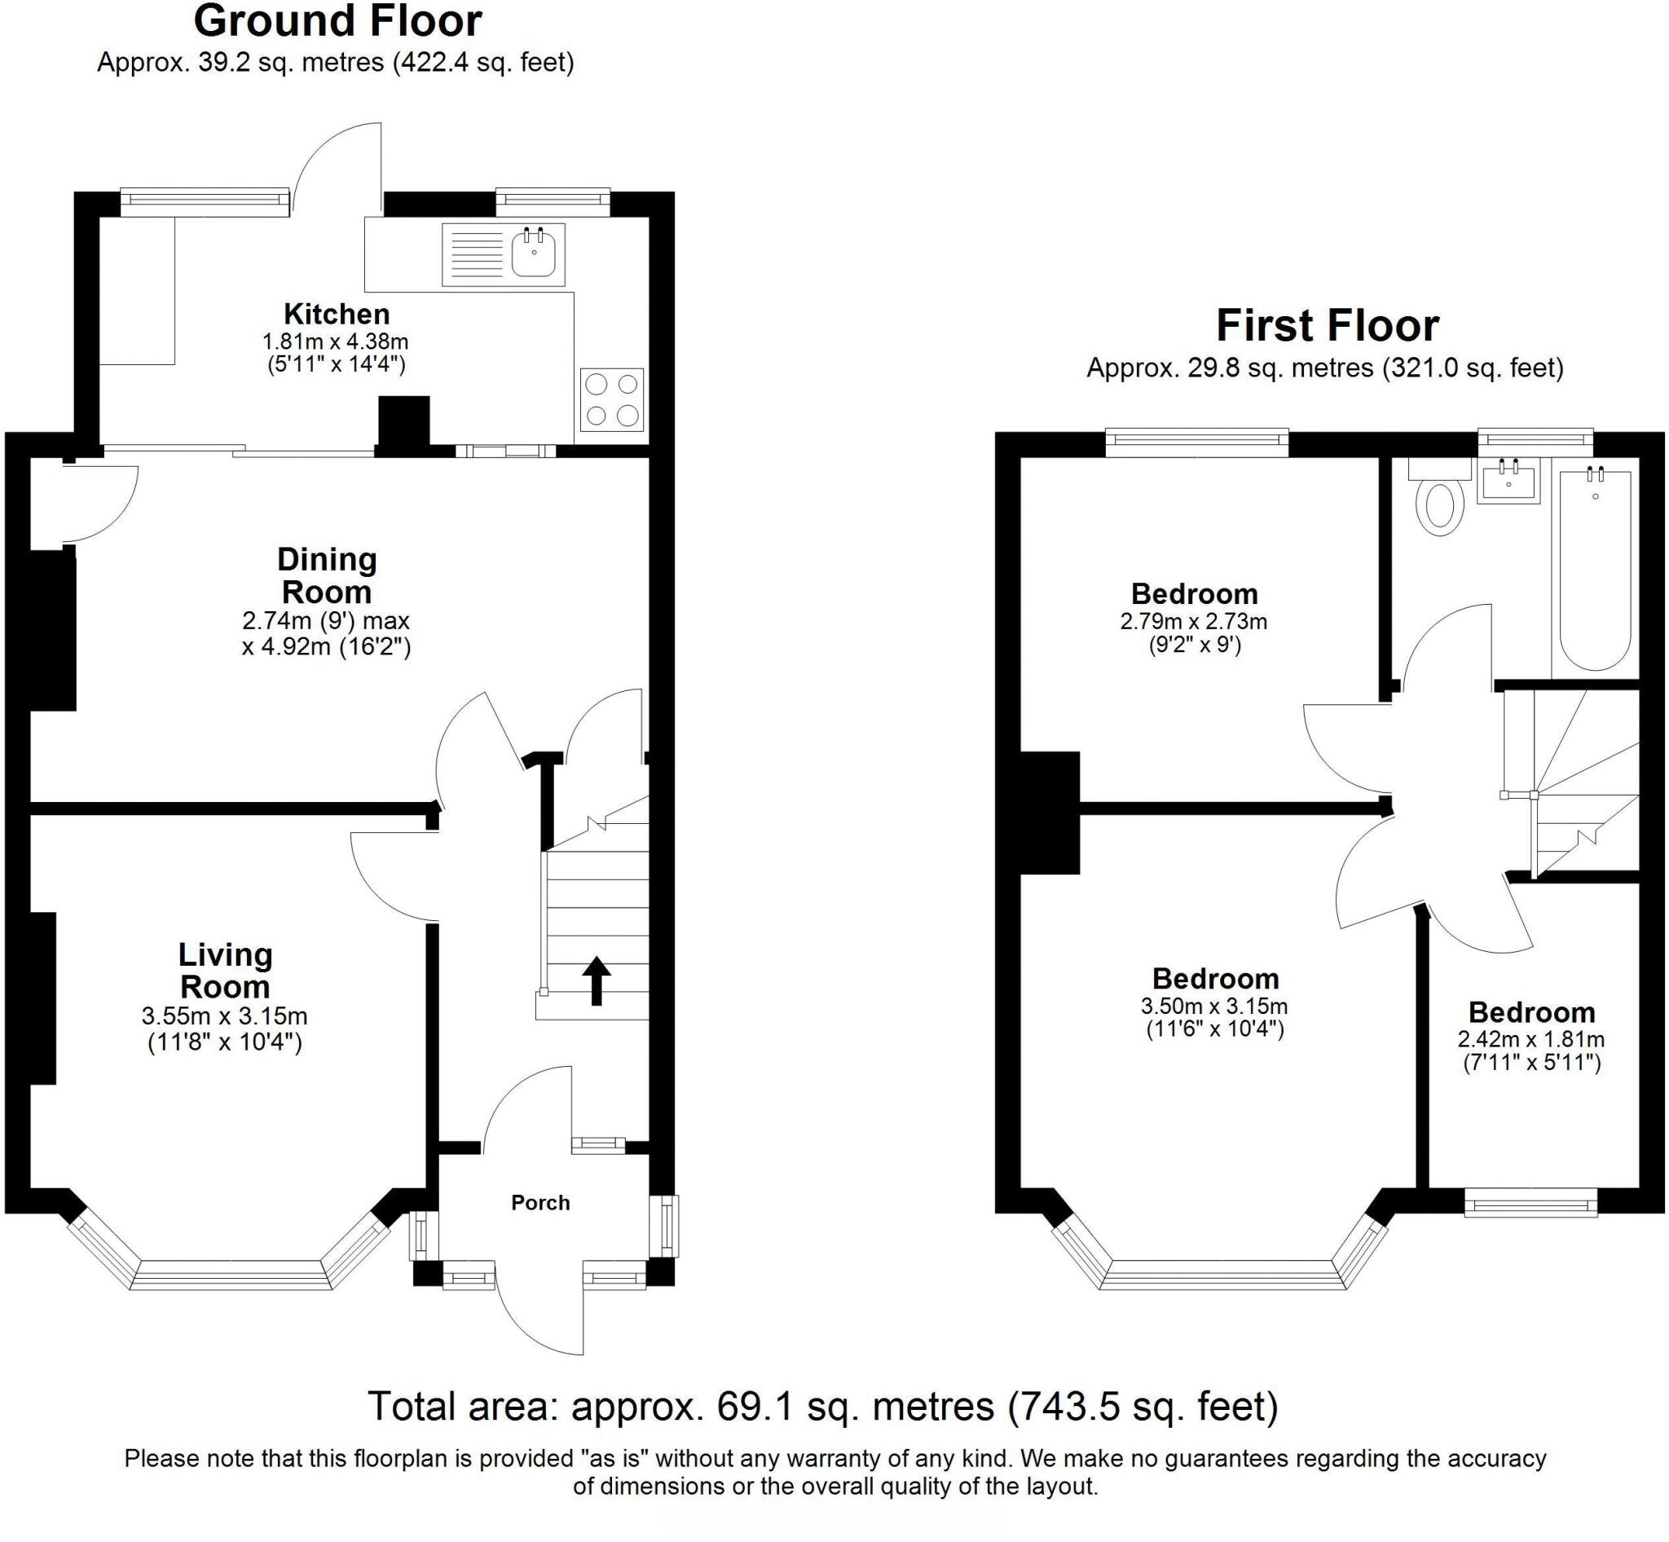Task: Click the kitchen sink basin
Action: click(533, 253)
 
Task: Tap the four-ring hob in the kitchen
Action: click(612, 399)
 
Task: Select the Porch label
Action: click(541, 1202)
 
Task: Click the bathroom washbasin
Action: click(1508, 482)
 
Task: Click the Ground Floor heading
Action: click(337, 22)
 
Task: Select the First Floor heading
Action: click(1327, 326)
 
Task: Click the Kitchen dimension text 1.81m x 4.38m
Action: click(336, 341)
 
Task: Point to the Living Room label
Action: click(225, 971)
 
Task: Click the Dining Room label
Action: click(327, 575)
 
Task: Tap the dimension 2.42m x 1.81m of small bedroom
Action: click(1531, 1040)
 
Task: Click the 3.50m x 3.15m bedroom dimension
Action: click(1215, 1007)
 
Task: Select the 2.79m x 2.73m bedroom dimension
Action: click(1194, 622)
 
